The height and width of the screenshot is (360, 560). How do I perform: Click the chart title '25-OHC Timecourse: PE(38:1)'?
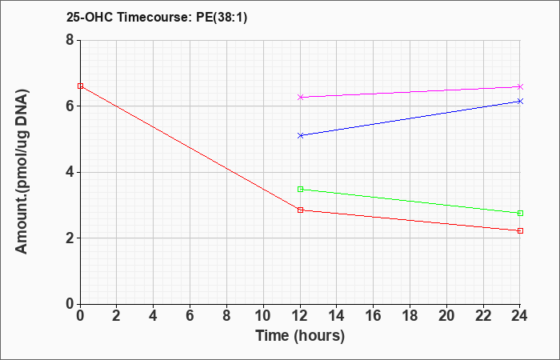157,18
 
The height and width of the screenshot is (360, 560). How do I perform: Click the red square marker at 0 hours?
80,86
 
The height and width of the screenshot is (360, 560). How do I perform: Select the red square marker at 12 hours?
300,210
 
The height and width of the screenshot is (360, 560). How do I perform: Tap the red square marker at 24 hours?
520,230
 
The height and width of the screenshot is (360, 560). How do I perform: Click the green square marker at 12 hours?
300,190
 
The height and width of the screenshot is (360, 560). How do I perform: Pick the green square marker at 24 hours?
520,214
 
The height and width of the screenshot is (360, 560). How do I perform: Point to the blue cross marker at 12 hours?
300,136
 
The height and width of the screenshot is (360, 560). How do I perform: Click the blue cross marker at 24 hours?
520,102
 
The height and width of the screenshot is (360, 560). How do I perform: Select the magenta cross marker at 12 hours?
300,97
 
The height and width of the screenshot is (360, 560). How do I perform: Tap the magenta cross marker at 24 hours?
520,86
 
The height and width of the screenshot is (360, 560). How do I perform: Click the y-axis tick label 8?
70,40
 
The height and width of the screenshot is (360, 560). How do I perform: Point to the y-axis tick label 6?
70,106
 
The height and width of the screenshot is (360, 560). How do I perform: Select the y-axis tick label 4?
70,172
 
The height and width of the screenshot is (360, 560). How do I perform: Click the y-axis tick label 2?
70,238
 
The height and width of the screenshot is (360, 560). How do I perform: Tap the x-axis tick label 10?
263,316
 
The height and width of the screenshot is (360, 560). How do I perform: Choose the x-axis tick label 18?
410,316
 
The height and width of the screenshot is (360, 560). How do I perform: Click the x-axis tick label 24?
519,316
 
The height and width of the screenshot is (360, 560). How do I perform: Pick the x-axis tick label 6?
190,316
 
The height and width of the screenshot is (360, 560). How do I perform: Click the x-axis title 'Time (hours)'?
300,336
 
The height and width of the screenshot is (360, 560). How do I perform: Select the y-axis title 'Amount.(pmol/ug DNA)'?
22,172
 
